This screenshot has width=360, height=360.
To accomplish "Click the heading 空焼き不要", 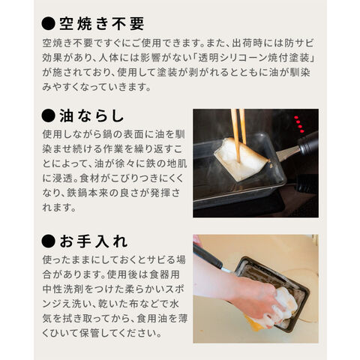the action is coord(102,24).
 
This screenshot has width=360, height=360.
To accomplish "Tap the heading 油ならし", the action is coord(91,116).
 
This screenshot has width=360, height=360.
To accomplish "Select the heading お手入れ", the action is coord(94,241).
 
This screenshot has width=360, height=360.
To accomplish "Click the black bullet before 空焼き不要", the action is coord(48,24).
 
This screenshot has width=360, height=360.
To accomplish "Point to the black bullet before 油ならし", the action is coord(48,116).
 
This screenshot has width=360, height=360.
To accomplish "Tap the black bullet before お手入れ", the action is coord(48,241).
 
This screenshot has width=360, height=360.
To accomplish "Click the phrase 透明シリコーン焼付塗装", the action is coord(253,58).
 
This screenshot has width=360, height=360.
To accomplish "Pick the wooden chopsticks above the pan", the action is coord(238,135).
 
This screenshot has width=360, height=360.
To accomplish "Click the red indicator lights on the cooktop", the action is coord(299,124).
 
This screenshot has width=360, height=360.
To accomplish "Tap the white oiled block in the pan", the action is coord(241,159).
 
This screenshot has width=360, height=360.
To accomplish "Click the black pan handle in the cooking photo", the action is coord(308,144).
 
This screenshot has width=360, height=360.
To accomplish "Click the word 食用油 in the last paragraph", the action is coord(152,319).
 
